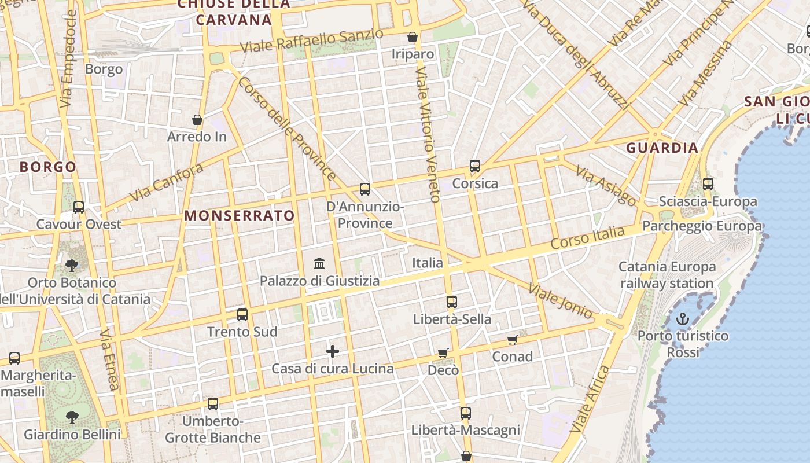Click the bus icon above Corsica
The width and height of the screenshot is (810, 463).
tap(475, 166)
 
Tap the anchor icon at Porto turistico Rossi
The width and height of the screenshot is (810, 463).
tap(683, 319)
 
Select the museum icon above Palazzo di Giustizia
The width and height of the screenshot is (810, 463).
tap(319, 264)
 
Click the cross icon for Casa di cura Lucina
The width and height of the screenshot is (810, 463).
tap(333, 351)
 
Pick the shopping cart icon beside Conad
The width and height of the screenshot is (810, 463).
tap(512, 340)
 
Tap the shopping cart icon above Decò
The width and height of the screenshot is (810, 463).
tap(443, 353)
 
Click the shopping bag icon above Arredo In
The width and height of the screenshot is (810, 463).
tap(197, 120)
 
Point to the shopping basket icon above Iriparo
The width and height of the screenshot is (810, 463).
tap(413, 37)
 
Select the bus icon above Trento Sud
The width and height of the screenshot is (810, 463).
tap(242, 315)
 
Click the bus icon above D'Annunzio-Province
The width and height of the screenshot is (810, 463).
tap(365, 189)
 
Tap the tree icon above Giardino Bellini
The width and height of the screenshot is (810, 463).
tap(72, 417)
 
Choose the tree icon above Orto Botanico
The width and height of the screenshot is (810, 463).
tap(72, 266)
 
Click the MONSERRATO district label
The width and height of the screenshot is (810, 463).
tap(240, 216)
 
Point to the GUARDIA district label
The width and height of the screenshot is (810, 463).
tap(662, 148)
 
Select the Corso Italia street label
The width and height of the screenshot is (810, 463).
tap(588, 238)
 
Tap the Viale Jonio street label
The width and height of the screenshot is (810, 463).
tap(560, 300)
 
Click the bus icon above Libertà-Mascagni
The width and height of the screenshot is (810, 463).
tap(466, 413)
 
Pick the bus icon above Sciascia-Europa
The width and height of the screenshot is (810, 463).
tap(708, 184)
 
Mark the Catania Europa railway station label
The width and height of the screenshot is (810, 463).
tap(667, 275)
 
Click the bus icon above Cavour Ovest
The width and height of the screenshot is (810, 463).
tap(79, 207)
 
